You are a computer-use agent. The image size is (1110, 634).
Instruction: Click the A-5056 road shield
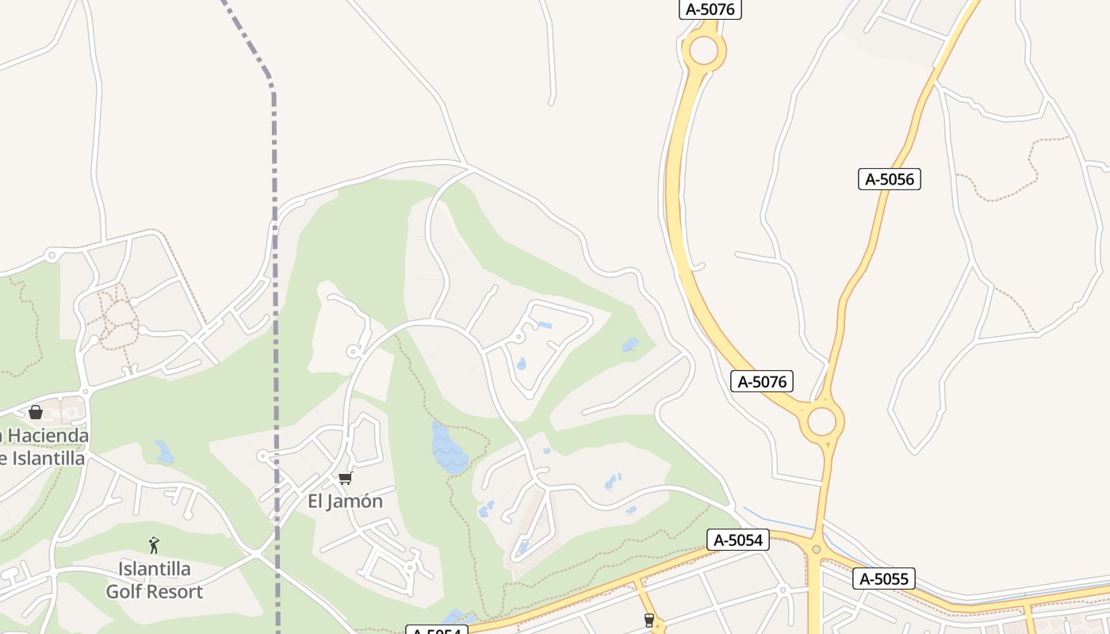point(889,179)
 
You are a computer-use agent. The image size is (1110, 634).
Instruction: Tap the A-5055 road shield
point(883,579)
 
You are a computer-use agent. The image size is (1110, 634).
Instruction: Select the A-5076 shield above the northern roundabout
point(710,10)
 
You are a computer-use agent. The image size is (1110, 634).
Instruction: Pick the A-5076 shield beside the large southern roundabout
point(762,382)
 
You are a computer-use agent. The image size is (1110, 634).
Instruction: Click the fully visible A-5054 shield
point(738,540)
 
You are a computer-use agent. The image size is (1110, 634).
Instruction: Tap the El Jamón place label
point(345,501)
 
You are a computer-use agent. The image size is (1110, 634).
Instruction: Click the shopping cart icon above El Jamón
point(345,478)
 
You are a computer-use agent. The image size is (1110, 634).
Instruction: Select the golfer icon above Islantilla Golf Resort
point(154,545)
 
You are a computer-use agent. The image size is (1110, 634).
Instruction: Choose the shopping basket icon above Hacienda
point(35,412)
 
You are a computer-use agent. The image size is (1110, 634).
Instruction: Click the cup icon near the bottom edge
point(650,621)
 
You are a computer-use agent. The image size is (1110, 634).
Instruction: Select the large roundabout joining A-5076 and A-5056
point(822,421)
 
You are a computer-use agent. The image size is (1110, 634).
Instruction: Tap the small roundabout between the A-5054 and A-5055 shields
point(816,549)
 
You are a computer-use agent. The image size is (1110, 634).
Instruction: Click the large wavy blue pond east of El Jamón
point(449,450)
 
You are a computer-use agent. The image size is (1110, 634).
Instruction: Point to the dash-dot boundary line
point(275,317)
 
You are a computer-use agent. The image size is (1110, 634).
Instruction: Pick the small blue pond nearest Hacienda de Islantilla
point(164,453)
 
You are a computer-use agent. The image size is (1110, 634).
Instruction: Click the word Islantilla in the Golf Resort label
point(154,569)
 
